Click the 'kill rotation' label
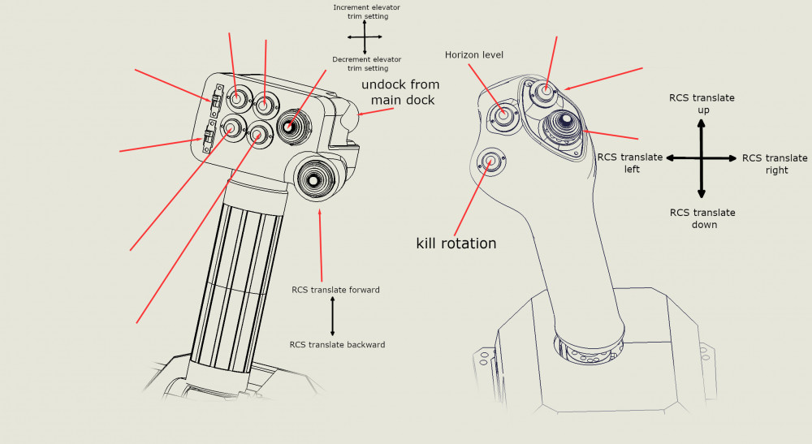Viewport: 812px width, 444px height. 456,243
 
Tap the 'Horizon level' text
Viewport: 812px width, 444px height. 474,54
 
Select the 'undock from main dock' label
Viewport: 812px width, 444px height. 400,92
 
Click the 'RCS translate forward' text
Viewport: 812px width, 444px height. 335,290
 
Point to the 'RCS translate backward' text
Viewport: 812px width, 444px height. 337,345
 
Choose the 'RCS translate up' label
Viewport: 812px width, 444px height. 702,103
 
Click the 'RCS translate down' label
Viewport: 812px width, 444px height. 702,218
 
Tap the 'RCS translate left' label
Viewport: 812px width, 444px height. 630,163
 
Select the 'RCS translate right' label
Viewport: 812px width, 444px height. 775,164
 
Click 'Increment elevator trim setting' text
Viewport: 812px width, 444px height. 366,11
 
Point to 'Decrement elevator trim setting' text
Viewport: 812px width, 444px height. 366,64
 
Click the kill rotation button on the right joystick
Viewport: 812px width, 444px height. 490,161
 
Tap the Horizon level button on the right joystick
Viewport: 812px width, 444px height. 503,116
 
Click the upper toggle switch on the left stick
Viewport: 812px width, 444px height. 216,101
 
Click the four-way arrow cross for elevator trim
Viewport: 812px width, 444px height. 365,37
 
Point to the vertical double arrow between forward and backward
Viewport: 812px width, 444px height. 332,317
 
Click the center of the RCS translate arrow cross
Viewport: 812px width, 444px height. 702,159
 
